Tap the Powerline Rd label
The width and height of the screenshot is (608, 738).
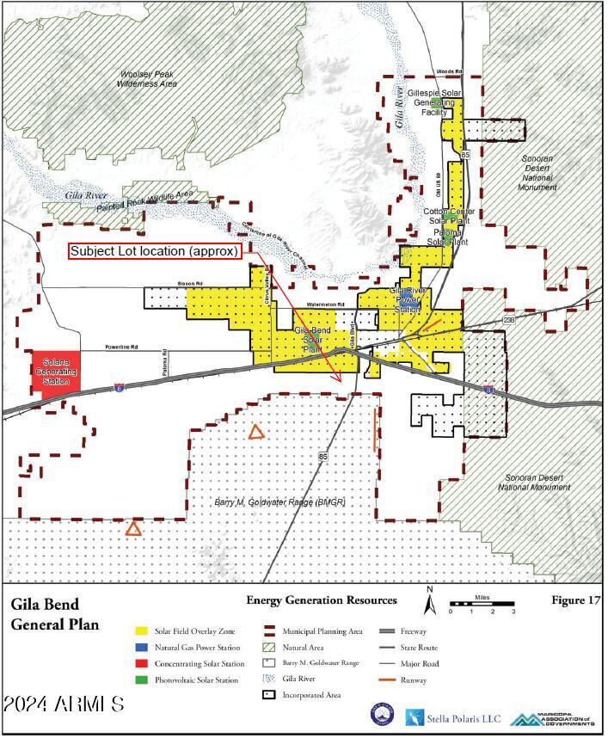[121, 347]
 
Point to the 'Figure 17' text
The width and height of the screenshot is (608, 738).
[572, 600]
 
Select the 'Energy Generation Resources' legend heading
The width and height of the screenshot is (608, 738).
[322, 600]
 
